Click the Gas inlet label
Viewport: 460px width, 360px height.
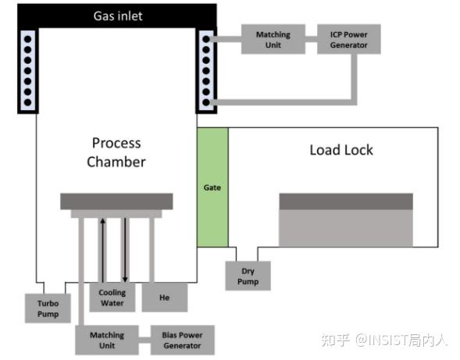coord(118,16)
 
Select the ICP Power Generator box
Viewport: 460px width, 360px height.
coord(349,39)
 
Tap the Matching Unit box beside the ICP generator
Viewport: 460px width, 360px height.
coord(273,39)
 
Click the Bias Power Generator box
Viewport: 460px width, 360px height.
coord(182,340)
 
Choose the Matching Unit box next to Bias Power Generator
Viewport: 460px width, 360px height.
coord(107,340)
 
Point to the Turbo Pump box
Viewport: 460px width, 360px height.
coord(48,308)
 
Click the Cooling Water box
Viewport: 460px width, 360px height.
coord(112,298)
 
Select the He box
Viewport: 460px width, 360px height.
coord(165,298)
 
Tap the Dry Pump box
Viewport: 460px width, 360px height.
coord(248,276)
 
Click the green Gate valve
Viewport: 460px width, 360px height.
coord(212,187)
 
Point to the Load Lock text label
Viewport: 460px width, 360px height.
coord(341,150)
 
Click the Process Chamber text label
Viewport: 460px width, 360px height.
coord(116,152)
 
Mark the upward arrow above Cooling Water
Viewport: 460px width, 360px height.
coord(102,250)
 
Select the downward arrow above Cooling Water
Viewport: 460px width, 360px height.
coord(125,250)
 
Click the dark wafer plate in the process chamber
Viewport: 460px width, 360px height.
coord(116,201)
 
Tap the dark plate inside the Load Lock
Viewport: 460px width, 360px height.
coord(346,201)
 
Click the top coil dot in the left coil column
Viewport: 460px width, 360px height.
coord(28,39)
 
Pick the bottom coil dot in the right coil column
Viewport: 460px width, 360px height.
coord(206,102)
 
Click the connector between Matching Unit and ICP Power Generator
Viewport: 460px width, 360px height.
coord(312,39)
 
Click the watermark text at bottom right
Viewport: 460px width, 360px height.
coord(383,340)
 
